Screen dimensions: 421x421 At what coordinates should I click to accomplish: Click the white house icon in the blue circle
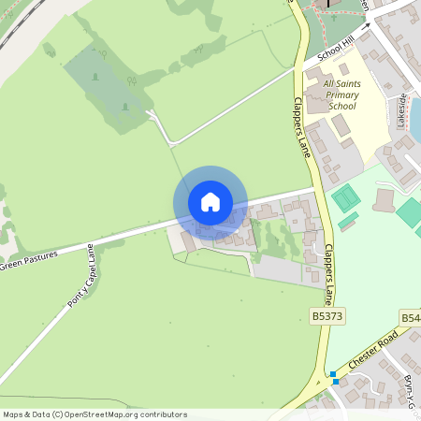pos(210,202)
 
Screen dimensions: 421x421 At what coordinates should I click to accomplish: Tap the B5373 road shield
pos(327,318)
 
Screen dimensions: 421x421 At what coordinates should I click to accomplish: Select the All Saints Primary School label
pos(341,94)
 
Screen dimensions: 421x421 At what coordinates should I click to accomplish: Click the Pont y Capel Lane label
pos(80,277)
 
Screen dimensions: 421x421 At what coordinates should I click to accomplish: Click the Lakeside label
pos(403,109)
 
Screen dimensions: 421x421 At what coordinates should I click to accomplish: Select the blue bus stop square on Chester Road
pos(333,377)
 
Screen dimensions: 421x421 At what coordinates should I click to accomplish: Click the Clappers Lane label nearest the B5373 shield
pos(328,275)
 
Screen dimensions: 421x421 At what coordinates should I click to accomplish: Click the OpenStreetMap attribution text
pos(94,414)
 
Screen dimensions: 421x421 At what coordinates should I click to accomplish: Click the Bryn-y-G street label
pos(410,387)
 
